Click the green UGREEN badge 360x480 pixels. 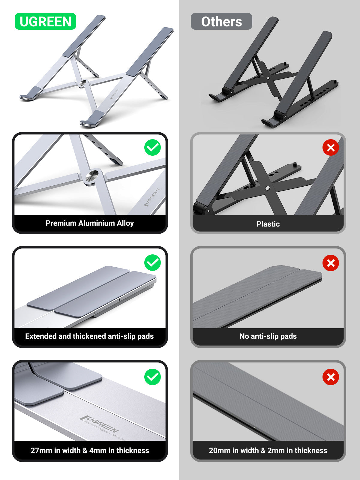[x=45, y=21]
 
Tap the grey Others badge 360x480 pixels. [x=221, y=21]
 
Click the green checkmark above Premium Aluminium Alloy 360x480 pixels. [x=152, y=147]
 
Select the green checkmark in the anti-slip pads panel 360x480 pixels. [x=152, y=262]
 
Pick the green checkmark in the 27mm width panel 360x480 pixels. [x=152, y=377]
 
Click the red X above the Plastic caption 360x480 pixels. [x=331, y=147]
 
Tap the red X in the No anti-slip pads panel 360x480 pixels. [x=331, y=263]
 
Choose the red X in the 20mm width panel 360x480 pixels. [x=331, y=377]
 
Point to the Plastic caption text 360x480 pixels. [x=268, y=224]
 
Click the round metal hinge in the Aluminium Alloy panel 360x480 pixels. [x=92, y=176]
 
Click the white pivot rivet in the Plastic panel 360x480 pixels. [x=267, y=188]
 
